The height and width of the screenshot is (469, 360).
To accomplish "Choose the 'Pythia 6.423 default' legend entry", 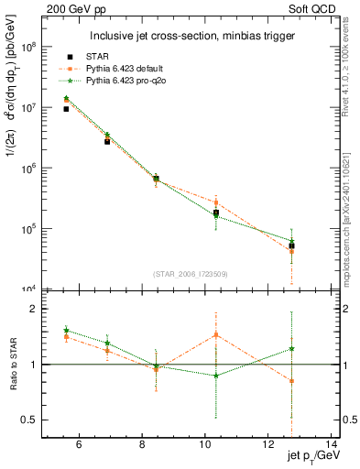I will click(x=145, y=69).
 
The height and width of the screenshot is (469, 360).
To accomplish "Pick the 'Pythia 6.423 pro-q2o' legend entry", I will click(x=146, y=81).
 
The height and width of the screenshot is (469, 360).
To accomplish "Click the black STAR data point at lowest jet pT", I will click(x=66, y=109).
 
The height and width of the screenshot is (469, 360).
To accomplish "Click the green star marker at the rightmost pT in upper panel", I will click(x=291, y=241).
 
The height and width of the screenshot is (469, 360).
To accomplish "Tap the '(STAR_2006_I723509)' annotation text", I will click(x=191, y=274).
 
